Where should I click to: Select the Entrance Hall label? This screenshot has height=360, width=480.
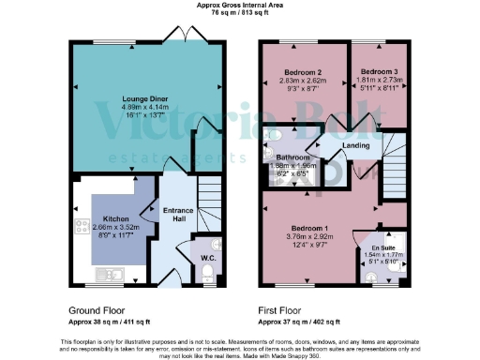[173, 214]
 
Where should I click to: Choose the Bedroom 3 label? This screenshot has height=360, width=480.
[381, 72]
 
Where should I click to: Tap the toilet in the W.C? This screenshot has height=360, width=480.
[208, 273]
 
